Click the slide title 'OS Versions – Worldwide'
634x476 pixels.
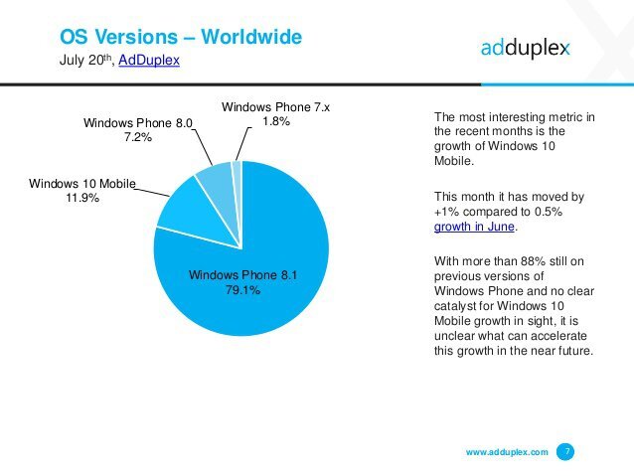180,38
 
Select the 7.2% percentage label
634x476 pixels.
137,138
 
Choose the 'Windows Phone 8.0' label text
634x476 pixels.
137,122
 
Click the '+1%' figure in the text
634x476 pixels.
446,211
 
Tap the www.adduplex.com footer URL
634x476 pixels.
507,452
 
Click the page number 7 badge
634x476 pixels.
566,452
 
